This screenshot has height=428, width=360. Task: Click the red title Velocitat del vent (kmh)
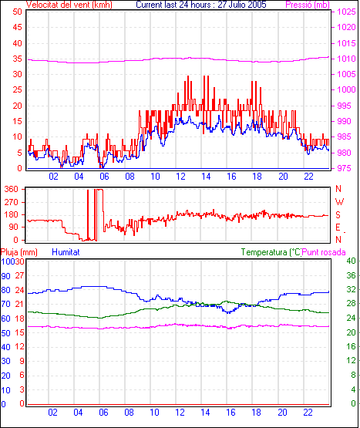click(x=69, y=5)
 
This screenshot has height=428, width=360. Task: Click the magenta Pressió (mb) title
click(x=308, y=5)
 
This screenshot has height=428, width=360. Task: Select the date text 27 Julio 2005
click(x=242, y=5)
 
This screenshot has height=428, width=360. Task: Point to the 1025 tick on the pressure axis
click(x=346, y=12)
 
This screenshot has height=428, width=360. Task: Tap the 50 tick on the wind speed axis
click(x=17, y=12)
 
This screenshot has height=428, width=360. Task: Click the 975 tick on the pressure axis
click(x=344, y=168)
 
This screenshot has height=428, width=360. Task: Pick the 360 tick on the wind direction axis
click(x=12, y=189)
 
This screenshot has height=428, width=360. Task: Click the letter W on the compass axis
click(x=339, y=202)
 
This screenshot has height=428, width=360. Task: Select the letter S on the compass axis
click(x=338, y=215)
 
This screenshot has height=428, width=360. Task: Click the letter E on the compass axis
click(x=338, y=227)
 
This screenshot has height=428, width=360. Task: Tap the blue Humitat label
click(x=66, y=252)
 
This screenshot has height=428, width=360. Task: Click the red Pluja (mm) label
click(x=19, y=252)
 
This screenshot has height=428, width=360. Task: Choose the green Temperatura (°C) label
click(x=271, y=252)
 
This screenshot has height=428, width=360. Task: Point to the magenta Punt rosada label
click(x=324, y=252)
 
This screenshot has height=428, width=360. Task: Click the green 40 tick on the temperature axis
click(x=351, y=261)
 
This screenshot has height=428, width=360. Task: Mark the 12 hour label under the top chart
click(x=180, y=177)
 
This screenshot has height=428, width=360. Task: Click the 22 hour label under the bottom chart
click(x=308, y=412)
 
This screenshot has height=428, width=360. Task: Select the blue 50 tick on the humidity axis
click(x=5, y=333)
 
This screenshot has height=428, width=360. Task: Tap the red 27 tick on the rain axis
click(x=19, y=275)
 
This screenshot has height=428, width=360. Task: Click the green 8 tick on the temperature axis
click(x=353, y=375)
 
